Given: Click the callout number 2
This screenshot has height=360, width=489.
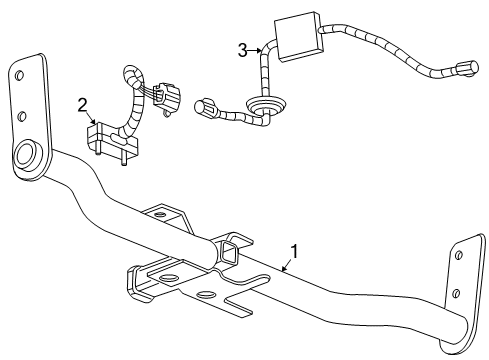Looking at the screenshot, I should tap(83, 103).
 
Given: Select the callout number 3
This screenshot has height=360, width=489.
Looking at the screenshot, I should tap(242, 49).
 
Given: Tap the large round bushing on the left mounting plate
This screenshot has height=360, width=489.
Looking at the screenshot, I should tap(27, 157).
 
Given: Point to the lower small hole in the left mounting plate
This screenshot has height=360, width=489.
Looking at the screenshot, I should tap(20, 112).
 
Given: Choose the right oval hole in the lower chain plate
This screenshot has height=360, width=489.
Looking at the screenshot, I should tap(207, 295).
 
